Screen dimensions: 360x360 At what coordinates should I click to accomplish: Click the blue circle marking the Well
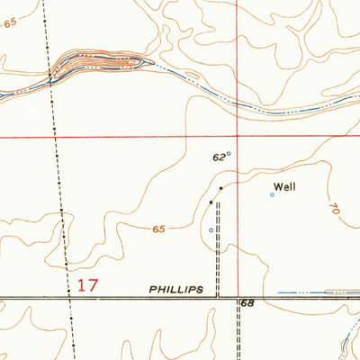[x=273, y=194]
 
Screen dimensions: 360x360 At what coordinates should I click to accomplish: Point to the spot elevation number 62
[x=218, y=157]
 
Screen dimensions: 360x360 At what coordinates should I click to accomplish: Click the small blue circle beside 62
[x=229, y=153]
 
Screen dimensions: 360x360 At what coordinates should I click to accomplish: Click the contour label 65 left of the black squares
[x=158, y=230]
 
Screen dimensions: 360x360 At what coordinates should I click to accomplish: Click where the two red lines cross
[x=238, y=137]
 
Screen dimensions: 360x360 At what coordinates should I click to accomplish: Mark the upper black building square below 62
[x=221, y=187]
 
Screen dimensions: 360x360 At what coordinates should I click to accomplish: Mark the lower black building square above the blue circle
[x=211, y=202]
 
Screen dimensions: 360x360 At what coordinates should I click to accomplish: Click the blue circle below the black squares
[x=211, y=229]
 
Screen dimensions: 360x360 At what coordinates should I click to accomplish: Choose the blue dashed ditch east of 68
[x=306, y=292]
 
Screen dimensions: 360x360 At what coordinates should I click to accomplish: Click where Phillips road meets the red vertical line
[x=238, y=296]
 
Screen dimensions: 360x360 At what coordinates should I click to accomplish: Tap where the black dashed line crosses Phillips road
[x=70, y=296]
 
